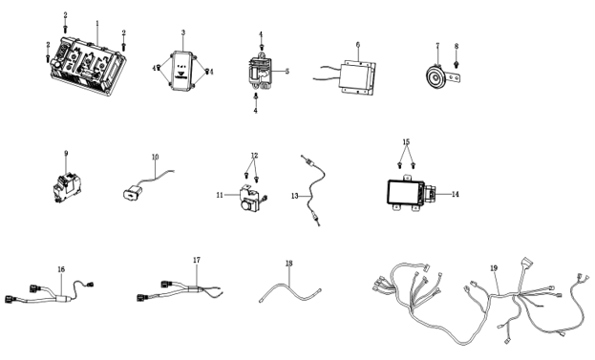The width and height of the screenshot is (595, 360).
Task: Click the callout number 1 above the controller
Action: pyautogui.click(x=97, y=23)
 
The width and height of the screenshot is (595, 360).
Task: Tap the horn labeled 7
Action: pyautogui.click(x=436, y=78)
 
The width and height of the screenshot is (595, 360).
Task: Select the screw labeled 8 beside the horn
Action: pyautogui.click(x=457, y=64)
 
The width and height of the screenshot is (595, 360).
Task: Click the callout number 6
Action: pyautogui.click(x=358, y=44)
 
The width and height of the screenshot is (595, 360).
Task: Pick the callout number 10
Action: pyautogui.click(x=156, y=157)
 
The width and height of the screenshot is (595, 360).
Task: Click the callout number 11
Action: pyautogui.click(x=220, y=195)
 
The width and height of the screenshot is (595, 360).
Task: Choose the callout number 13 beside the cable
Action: pyautogui.click(x=295, y=196)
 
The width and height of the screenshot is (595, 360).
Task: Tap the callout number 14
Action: pyautogui.click(x=456, y=194)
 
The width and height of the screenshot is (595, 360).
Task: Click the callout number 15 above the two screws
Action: pyautogui.click(x=406, y=142)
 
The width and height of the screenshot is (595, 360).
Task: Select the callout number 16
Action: pyautogui.click(x=61, y=269)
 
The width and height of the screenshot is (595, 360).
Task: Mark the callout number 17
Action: pyautogui.click(x=196, y=260)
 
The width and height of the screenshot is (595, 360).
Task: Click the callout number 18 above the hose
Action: pyautogui.click(x=289, y=263)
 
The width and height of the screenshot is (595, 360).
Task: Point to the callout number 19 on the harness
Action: pyautogui.click(x=494, y=268)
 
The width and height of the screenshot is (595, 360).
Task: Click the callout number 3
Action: pyautogui.click(x=183, y=32)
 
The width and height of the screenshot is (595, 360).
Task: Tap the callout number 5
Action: pyautogui.click(x=287, y=72)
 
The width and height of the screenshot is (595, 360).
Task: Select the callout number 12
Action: pyautogui.click(x=254, y=156)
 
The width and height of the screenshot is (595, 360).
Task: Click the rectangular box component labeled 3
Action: pyautogui.click(x=181, y=71)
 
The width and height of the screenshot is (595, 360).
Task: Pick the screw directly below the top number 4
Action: pyautogui.click(x=262, y=47)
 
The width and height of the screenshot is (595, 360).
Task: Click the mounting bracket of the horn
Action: pyautogui.click(x=455, y=78)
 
